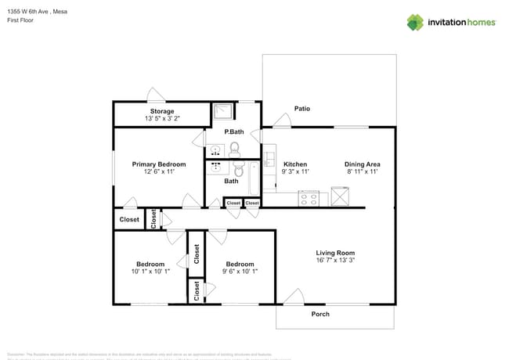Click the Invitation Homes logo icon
tap(414, 22)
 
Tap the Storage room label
tap(163, 111)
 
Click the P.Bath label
tap(233, 131)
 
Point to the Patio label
tap(302, 108)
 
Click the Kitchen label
tap(295, 164)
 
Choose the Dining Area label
tap(363, 164)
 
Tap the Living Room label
tap(335, 253)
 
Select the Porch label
tap(320, 314)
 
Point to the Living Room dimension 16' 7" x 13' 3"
tap(335, 261)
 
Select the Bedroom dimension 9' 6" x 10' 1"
tap(240, 271)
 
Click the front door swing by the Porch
tap(293, 296)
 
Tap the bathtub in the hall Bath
tap(254, 178)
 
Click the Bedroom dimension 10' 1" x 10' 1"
tap(150, 271)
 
